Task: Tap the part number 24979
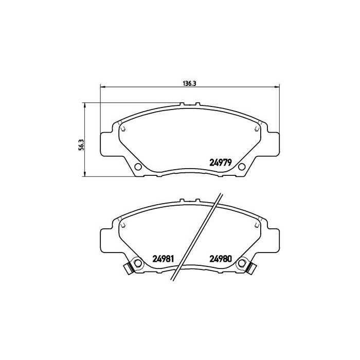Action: [222, 161]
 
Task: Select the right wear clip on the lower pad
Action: [253, 267]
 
